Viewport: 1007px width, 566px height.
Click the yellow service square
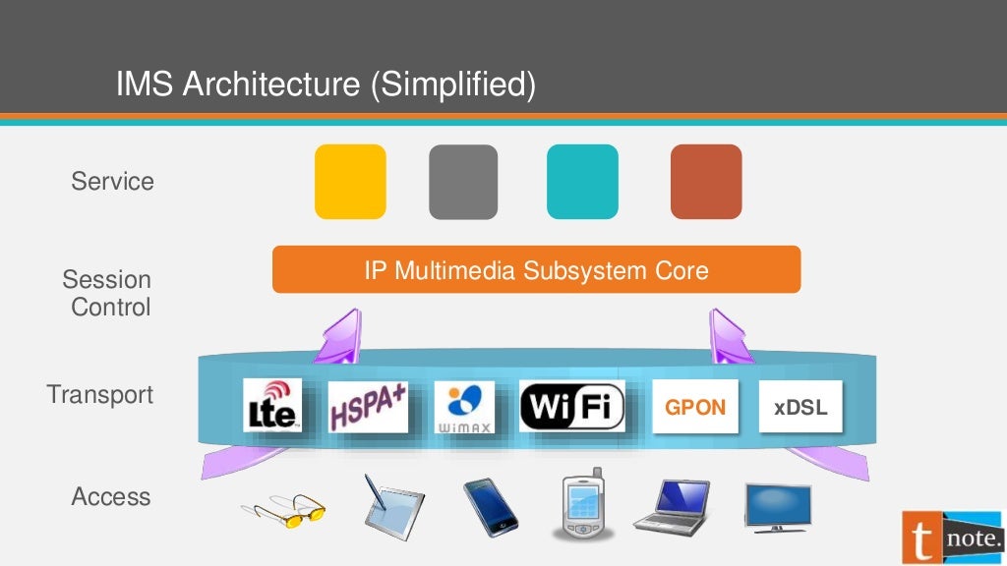(x=350, y=182)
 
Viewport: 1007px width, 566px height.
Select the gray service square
(x=463, y=182)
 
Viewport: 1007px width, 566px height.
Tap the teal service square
(x=582, y=182)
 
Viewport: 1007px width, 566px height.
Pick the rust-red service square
(x=706, y=182)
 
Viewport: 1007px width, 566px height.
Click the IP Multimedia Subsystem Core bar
(x=536, y=269)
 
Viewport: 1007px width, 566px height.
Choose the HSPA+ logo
(x=368, y=406)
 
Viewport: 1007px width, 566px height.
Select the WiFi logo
(x=571, y=406)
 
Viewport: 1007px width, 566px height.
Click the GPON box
(x=695, y=407)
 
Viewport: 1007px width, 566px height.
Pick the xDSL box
(x=800, y=407)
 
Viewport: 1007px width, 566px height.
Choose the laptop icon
(x=674, y=507)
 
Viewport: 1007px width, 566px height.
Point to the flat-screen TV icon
(x=777, y=505)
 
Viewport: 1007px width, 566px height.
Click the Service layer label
(x=112, y=181)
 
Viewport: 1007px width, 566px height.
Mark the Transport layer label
(x=100, y=394)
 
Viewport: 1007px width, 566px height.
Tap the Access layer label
(x=111, y=496)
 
